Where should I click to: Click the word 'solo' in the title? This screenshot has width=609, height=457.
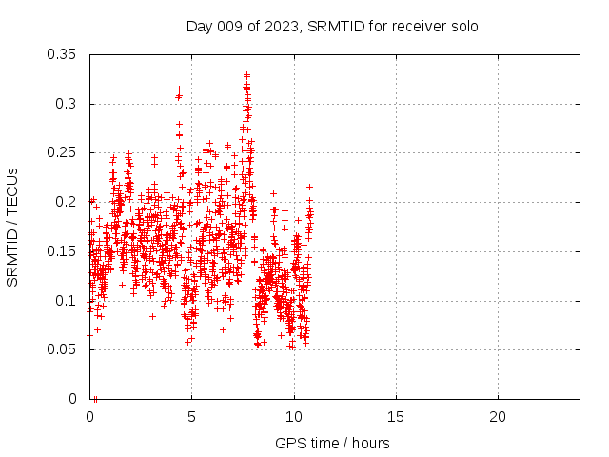[462, 26]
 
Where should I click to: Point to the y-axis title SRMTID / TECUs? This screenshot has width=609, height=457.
[12, 227]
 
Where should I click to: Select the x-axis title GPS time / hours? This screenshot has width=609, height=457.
[332, 443]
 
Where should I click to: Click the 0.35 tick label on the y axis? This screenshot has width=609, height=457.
[63, 54]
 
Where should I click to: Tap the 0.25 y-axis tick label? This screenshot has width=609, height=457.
[63, 152]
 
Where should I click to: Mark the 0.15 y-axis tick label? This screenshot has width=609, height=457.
[63, 251]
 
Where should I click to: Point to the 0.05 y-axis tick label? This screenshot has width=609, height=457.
[63, 349]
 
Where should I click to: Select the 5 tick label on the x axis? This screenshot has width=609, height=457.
[192, 416]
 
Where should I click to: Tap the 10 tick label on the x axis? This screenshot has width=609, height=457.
[294, 416]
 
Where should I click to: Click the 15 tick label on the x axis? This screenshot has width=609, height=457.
[396, 416]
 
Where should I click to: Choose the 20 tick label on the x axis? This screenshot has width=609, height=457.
[498, 416]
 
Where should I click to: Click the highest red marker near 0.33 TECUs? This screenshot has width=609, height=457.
[246, 74]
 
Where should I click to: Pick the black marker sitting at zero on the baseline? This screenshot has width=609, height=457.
[95, 398]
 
